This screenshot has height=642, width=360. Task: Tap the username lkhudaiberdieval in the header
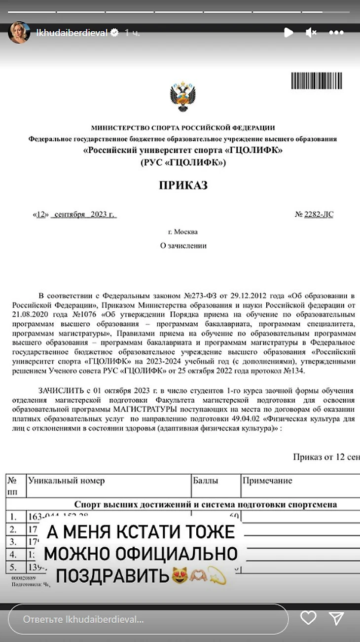72,33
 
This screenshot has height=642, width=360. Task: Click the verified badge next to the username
114,33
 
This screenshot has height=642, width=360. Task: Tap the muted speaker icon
311,33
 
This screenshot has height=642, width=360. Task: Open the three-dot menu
336,33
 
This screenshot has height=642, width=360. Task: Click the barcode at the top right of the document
317,81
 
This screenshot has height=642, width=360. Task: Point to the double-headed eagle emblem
183,97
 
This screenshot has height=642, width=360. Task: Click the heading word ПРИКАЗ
183,186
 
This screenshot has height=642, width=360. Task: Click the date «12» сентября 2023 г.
74,215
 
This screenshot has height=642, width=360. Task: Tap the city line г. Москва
183,232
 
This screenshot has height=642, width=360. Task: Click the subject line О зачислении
183,245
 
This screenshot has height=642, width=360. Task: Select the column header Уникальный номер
67,481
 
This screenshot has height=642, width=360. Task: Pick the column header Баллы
206,481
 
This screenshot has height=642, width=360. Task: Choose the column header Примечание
267,481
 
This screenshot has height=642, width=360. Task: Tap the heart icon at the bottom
308,618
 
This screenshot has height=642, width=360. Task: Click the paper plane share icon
336,618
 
